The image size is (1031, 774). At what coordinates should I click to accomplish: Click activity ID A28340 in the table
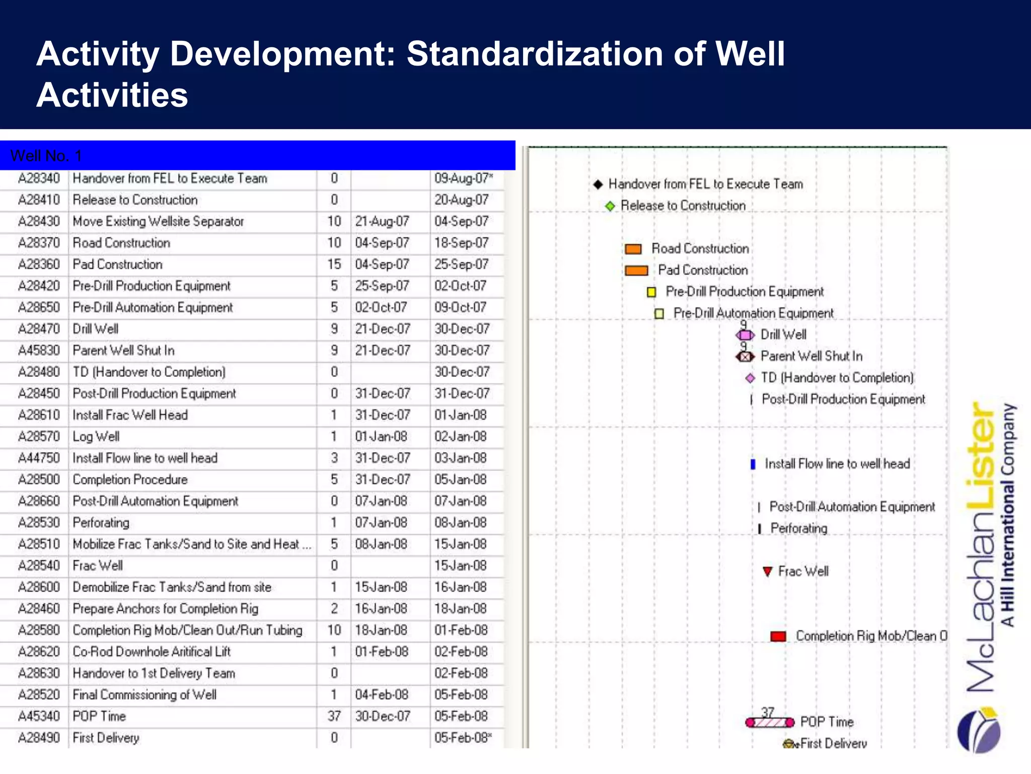(39, 178)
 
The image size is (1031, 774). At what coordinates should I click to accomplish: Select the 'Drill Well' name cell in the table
(96, 329)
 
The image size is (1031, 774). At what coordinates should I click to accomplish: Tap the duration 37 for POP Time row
(334, 716)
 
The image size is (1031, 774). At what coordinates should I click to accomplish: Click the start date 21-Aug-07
(382, 221)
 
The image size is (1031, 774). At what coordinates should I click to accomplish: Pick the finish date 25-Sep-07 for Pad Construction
(461, 265)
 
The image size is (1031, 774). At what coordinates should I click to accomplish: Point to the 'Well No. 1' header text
(46, 156)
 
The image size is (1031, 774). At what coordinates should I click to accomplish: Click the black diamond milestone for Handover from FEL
(598, 184)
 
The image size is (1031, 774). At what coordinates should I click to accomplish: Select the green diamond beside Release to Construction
(610, 206)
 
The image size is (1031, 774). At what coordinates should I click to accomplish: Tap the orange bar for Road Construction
(633, 249)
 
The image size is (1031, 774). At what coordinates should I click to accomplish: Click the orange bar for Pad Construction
(636, 271)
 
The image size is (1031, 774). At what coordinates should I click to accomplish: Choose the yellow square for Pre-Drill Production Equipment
(651, 292)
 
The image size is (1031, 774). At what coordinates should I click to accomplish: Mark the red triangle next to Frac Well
(767, 571)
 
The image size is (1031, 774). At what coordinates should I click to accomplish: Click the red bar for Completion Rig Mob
(778, 636)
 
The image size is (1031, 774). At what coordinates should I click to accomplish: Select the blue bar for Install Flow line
(753, 464)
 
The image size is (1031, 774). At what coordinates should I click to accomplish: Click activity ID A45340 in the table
(39, 716)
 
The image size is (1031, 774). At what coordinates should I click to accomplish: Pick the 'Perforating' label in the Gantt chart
(799, 529)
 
